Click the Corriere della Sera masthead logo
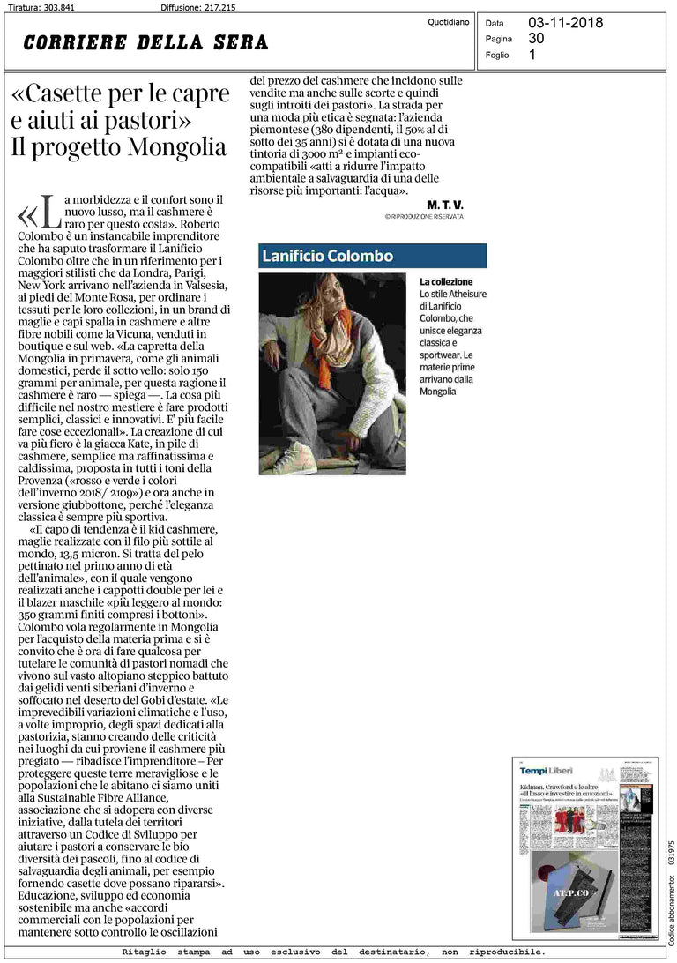[x=146, y=42]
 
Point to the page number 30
[x=536, y=39]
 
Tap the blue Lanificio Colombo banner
[x=372, y=256]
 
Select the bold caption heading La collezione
[x=446, y=281]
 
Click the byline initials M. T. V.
[x=444, y=205]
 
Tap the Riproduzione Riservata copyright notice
[x=424, y=216]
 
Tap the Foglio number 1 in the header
[x=532, y=55]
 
